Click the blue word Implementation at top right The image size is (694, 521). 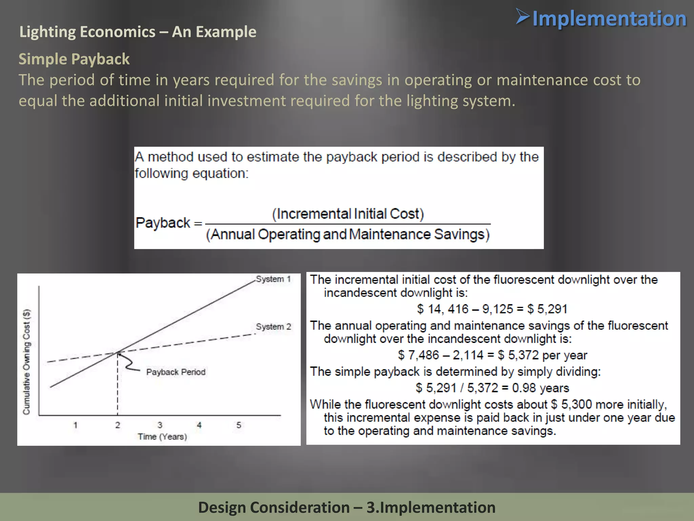pyautogui.click(x=609, y=19)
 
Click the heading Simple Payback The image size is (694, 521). pyautogui.click(x=74, y=59)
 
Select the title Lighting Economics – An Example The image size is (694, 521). pyautogui.click(x=138, y=32)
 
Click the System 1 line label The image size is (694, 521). pyautogui.click(x=273, y=279)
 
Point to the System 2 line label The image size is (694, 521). pyautogui.click(x=273, y=327)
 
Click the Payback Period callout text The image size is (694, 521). pyautogui.click(x=176, y=372)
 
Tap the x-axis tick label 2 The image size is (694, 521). pyautogui.click(x=118, y=425)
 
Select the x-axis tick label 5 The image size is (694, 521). pyautogui.click(x=239, y=425)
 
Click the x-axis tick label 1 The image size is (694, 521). pyautogui.click(x=76, y=425)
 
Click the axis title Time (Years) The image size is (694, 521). pyautogui.click(x=162, y=437)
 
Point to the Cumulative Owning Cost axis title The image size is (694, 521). pyautogui.click(x=26, y=362)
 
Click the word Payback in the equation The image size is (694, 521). pyautogui.click(x=163, y=223)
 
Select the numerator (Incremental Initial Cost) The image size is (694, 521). pyautogui.click(x=348, y=214)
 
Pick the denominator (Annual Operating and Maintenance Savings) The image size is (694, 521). pyautogui.click(x=348, y=234)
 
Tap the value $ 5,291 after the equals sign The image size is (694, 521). pyautogui.click(x=547, y=309)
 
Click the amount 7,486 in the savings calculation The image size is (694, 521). pyautogui.click(x=424, y=355)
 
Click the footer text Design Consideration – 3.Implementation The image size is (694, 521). pyautogui.click(x=347, y=507)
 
